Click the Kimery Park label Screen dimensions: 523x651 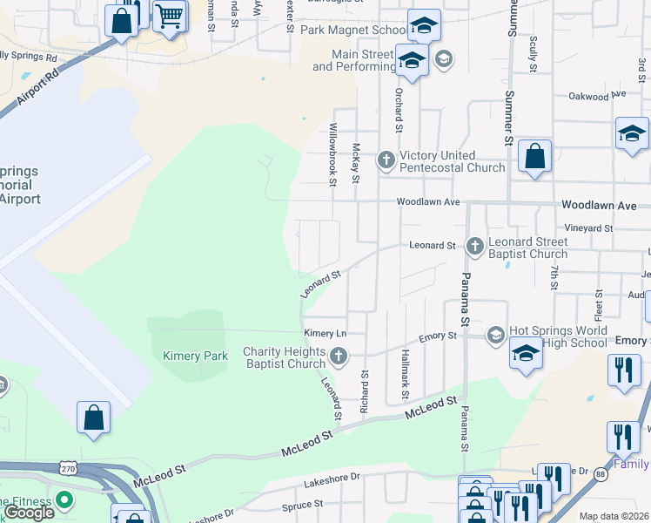click(x=195, y=356)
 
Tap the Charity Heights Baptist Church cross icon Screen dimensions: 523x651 click(x=339, y=356)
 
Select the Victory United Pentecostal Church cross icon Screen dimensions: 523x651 click(x=386, y=160)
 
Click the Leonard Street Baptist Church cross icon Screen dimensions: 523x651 click(x=475, y=246)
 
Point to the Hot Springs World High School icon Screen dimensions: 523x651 click(x=496, y=335)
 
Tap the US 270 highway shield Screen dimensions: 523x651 click(x=68, y=469)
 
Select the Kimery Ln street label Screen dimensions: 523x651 click(x=325, y=334)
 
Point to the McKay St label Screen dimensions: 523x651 click(x=355, y=164)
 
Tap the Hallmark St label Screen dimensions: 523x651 click(x=406, y=376)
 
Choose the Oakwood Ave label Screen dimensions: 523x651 click(x=601, y=97)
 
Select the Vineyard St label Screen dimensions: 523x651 click(x=589, y=228)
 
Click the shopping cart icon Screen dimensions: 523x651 click(x=170, y=15)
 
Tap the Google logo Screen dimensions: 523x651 click(x=29, y=513)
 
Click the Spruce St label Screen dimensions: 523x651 click(x=302, y=505)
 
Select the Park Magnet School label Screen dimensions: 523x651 click(x=352, y=31)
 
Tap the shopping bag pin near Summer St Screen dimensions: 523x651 click(x=535, y=158)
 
